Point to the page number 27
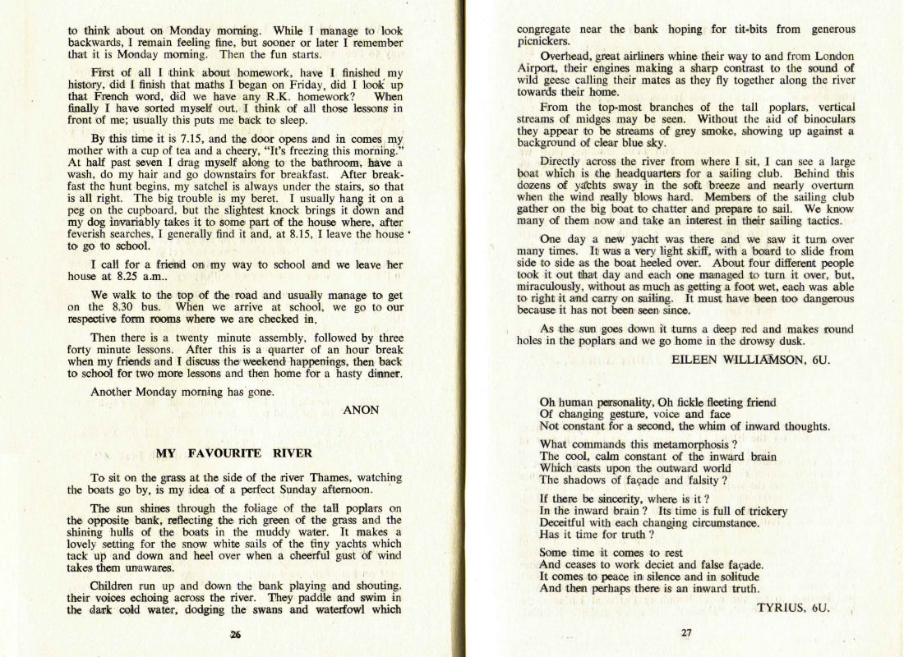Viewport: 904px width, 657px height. (686, 632)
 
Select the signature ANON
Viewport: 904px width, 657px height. (362, 410)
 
